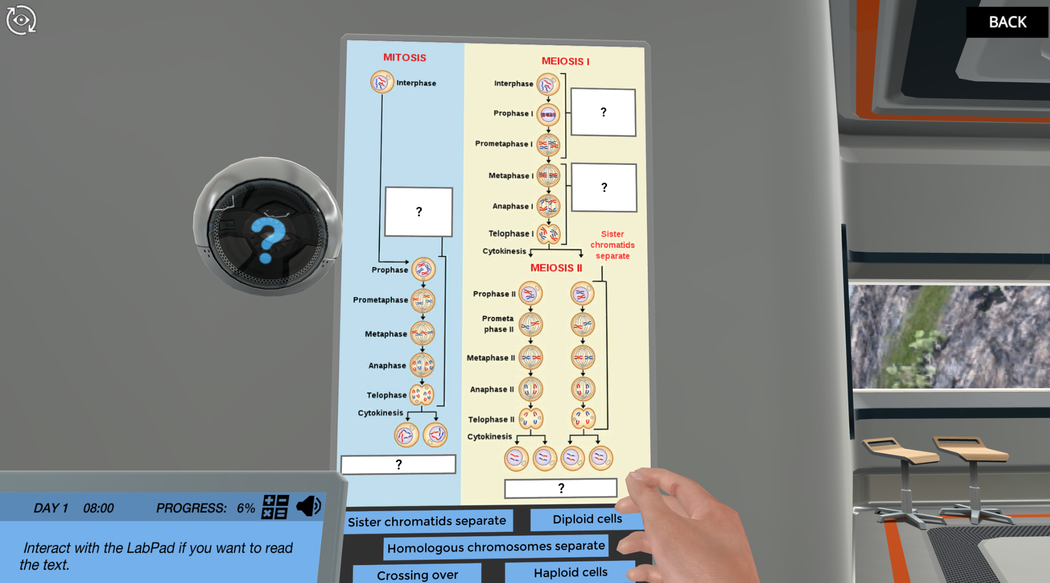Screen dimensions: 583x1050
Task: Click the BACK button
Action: point(1007,22)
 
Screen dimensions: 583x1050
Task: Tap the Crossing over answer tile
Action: point(417,574)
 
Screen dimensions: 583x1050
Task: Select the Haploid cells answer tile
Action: point(570,572)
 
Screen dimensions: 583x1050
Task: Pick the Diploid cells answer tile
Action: point(586,519)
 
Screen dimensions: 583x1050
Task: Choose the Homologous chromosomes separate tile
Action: point(496,547)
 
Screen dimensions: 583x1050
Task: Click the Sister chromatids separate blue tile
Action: point(427,521)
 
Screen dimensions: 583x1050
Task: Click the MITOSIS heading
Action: point(405,58)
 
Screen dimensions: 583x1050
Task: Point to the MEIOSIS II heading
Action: point(556,268)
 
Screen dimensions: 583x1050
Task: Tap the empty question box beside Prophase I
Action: point(603,112)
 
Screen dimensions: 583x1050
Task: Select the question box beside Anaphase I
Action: point(604,187)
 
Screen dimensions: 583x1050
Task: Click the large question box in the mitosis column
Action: point(419,212)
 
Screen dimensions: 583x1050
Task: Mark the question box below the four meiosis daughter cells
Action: point(561,488)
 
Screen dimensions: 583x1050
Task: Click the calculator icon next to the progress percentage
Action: point(275,507)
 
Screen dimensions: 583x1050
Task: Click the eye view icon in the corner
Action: point(21,20)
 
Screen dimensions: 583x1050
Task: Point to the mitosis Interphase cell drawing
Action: point(381,82)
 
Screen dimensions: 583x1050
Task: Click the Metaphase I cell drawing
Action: point(548,176)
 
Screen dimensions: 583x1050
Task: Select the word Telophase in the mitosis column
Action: point(386,395)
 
